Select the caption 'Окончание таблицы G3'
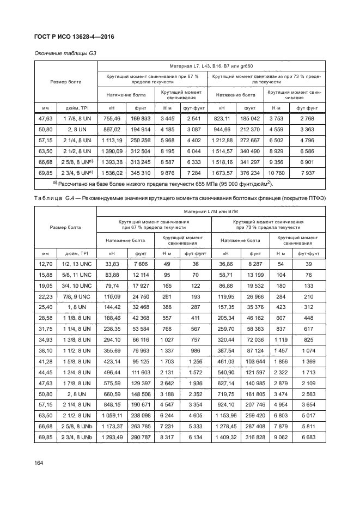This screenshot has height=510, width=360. (62, 53)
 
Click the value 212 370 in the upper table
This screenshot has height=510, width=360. (250, 130)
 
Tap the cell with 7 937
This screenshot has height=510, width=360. (307, 173)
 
